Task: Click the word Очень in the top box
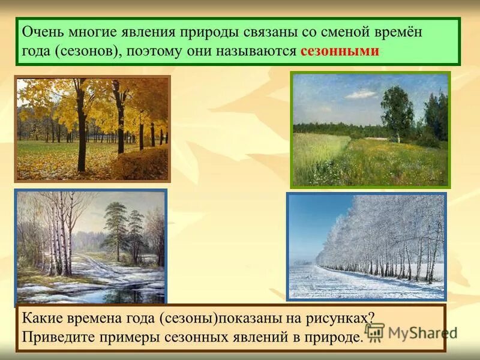pyautogui.click(x=41, y=32)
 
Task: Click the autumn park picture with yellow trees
pyautogui.click(x=92, y=128)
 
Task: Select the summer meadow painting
pyautogui.click(x=370, y=130)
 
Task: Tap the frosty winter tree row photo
pyautogui.click(x=367, y=246)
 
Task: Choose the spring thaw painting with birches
pyautogui.click(x=91, y=247)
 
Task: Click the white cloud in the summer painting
pyautogui.click(x=362, y=94)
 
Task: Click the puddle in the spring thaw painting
pyautogui.click(x=129, y=294)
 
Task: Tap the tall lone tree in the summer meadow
pyautogui.click(x=397, y=112)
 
